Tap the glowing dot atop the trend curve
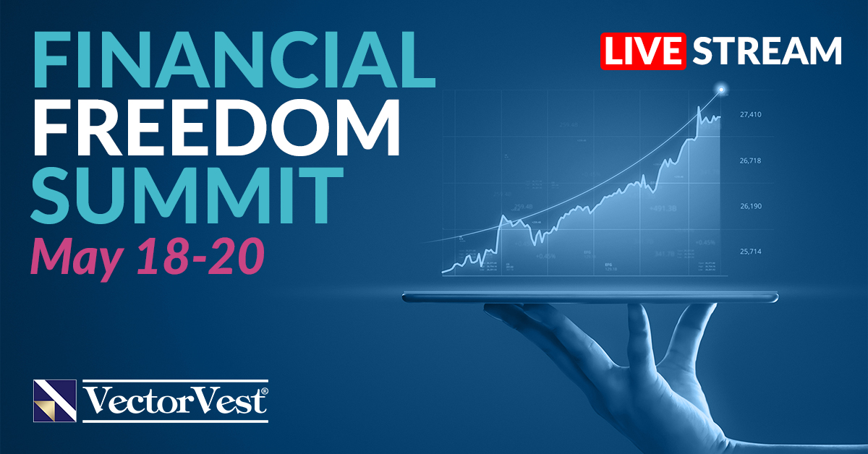point(720,90)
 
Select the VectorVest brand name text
point(172,401)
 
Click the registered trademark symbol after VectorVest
point(264,391)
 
